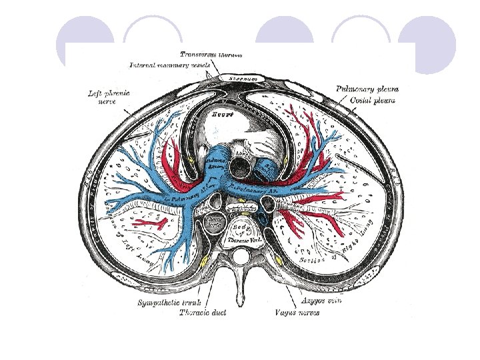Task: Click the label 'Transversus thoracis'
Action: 211,55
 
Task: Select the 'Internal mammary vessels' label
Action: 170,65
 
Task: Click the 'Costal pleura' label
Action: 367,100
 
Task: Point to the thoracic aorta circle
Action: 215,221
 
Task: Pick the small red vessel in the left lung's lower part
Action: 150,221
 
